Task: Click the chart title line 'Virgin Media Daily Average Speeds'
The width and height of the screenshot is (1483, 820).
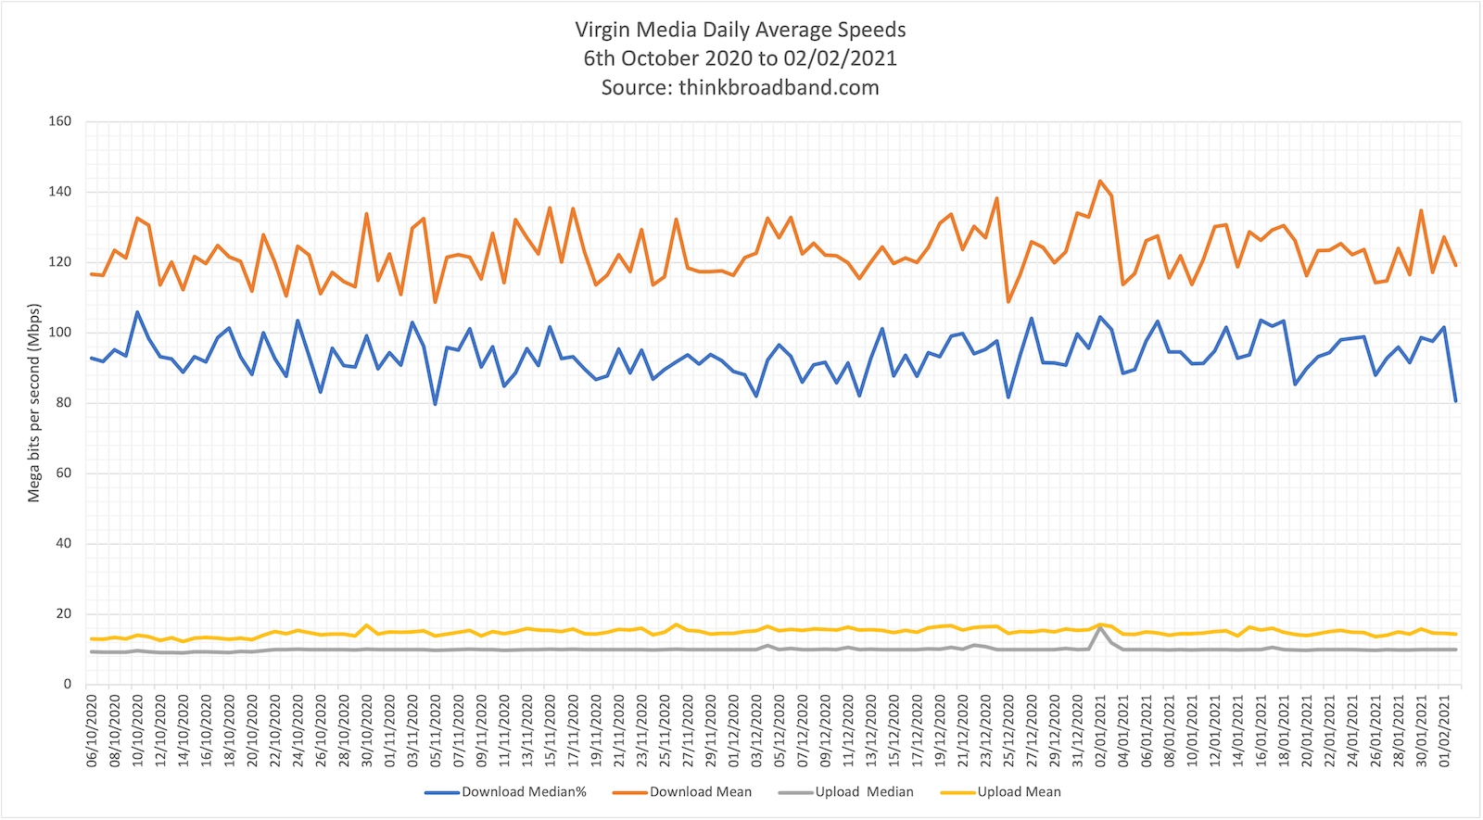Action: [740, 30]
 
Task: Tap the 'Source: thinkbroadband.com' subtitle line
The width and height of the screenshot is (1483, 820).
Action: [740, 88]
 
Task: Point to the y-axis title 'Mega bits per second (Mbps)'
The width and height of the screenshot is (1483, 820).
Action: [34, 403]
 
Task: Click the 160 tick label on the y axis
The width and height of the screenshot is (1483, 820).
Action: [60, 121]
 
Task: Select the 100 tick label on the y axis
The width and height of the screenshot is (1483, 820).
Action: [60, 333]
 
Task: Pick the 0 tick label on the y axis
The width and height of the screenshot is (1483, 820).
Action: [67, 684]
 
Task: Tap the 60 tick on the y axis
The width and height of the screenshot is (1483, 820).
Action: [63, 473]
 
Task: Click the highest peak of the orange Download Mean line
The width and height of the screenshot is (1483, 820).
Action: [1100, 181]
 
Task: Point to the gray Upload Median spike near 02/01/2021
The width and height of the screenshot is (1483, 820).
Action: [1100, 628]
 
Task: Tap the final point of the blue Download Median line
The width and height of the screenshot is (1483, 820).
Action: [1455, 401]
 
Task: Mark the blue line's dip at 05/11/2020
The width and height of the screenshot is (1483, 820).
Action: [436, 404]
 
